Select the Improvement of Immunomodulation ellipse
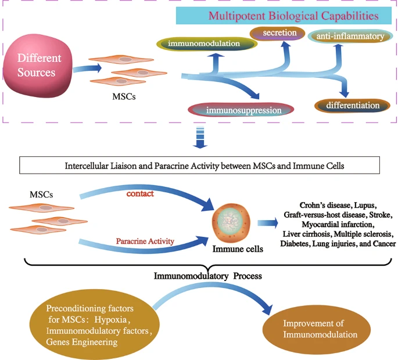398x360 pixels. click(x=318, y=329)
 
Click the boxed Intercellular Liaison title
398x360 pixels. click(x=199, y=165)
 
